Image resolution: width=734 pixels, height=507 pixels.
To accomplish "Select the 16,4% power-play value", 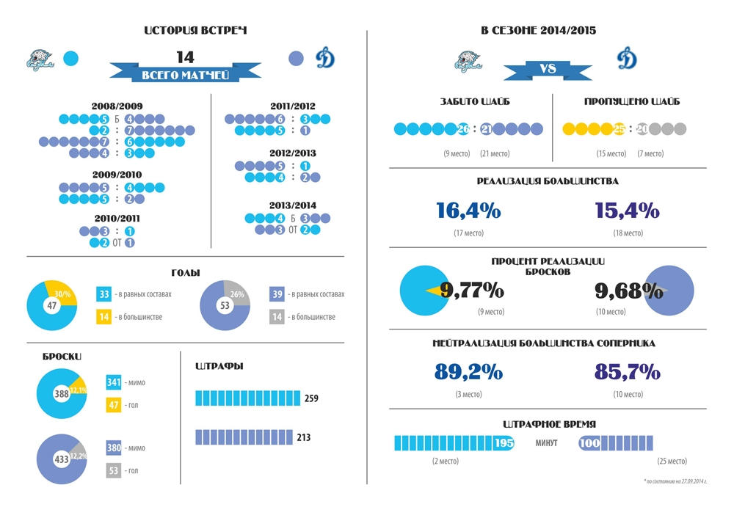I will tap(468, 211).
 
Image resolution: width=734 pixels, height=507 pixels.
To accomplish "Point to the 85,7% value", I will tap(628, 372).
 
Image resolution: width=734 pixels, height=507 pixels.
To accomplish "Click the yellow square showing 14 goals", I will tap(104, 317).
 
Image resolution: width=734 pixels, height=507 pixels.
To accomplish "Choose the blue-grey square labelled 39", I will tap(278, 294).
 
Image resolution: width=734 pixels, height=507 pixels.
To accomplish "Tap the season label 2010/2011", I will tap(117, 218).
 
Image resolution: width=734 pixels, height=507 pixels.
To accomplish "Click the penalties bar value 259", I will tap(312, 398).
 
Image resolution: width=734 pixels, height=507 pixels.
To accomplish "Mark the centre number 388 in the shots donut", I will tap(62, 394).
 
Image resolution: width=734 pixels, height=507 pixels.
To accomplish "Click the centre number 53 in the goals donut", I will tap(225, 304).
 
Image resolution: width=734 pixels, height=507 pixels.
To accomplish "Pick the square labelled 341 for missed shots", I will tap(114, 382).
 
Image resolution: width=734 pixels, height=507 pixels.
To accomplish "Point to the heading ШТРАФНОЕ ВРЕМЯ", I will tap(549, 424).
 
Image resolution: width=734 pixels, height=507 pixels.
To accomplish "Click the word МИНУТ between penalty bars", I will tap(546, 443).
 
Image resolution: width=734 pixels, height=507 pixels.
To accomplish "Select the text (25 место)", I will tap(672, 461).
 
